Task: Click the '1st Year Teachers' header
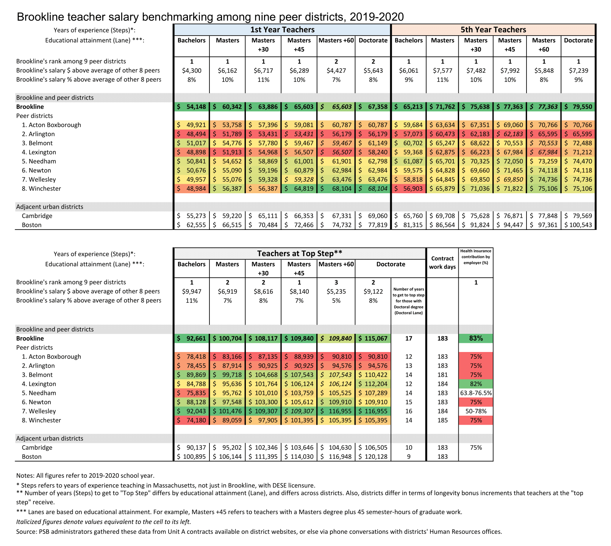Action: pyautogui.click(x=282, y=30)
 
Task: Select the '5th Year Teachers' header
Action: pyautogui.click(x=493, y=30)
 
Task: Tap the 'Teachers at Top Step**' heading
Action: pyautogui.click(x=300, y=253)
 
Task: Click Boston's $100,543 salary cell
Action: pyautogui.click(x=578, y=225)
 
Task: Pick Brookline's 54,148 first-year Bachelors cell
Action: pyautogui.click(x=192, y=107)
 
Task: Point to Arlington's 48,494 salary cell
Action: pyautogui.click(x=192, y=134)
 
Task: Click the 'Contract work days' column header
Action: pyautogui.click(x=442, y=263)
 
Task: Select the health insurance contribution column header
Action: pyautogui.click(x=476, y=257)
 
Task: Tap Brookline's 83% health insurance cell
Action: pyautogui.click(x=476, y=338)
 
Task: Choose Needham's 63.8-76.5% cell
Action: pyautogui.click(x=476, y=393)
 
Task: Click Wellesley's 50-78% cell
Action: pyautogui.click(x=476, y=411)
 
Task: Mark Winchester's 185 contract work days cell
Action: pyautogui.click(x=442, y=420)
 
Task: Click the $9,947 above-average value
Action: pyautogui.click(x=192, y=291)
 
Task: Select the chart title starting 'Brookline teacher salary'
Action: pyautogui.click(x=210, y=17)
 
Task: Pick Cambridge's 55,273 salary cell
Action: pyautogui.click(x=192, y=216)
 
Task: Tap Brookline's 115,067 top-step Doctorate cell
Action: pyautogui.click(x=373, y=338)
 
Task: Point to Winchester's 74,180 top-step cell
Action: pyautogui.click(x=192, y=420)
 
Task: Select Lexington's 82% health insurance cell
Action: pyautogui.click(x=476, y=384)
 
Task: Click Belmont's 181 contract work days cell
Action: pyautogui.click(x=442, y=375)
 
